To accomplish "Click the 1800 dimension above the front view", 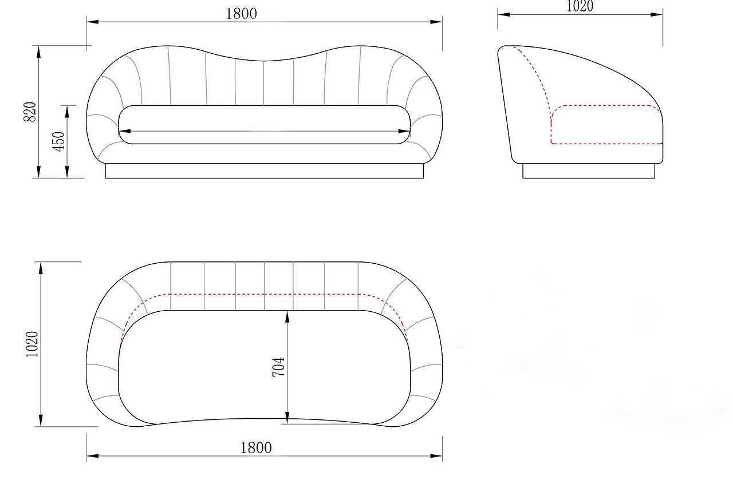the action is pos(241,14).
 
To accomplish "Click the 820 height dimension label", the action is pos(30,112).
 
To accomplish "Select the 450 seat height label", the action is pos(58,141).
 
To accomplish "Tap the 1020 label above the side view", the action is pos(580,6).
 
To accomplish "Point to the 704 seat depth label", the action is pos(278,367).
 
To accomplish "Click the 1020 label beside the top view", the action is pos(32,344).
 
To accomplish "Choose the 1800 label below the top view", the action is pos(256,448).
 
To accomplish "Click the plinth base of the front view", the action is pos(265,171).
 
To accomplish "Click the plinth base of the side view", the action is pos(589,171).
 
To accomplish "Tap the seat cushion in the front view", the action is pos(265,125).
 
